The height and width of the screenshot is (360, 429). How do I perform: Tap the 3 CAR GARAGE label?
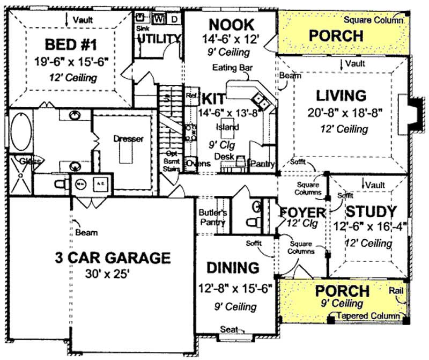pyautogui.click(x=113, y=258)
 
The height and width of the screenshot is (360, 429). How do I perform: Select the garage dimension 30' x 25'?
pyautogui.click(x=107, y=274)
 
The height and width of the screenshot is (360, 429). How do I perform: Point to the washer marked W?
pyautogui.click(x=159, y=19)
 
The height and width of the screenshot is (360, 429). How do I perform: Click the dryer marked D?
pyautogui.click(x=174, y=19)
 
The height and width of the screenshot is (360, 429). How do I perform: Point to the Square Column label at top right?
pyautogui.click(x=373, y=20)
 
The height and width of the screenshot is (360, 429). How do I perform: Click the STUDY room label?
pyautogui.click(x=371, y=211)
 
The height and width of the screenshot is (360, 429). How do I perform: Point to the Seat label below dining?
pyautogui.click(x=229, y=329)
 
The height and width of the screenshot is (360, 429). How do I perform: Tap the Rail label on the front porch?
pyautogui.click(x=396, y=290)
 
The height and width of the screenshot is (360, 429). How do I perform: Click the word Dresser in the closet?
pyautogui.click(x=128, y=139)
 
